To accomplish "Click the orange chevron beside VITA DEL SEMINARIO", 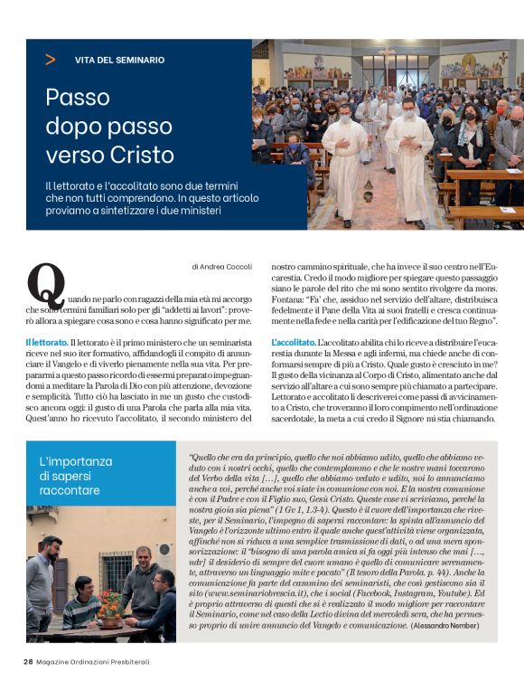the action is (x=50, y=60).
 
